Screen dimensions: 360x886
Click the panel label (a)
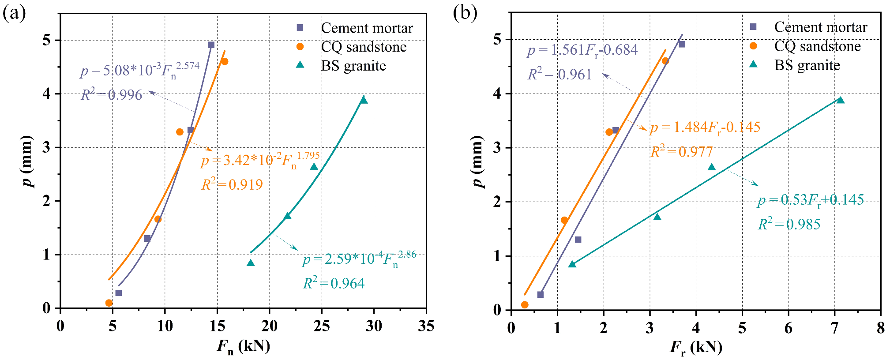[x=14, y=13]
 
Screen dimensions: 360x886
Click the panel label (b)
[x=465, y=13]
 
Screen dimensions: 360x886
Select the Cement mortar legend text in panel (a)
[x=367, y=28]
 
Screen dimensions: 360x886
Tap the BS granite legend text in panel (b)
[x=807, y=65]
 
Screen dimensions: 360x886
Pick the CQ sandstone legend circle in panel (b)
[x=753, y=46]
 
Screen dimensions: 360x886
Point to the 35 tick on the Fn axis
[x=425, y=326]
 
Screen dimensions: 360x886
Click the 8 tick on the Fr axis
[x=880, y=328]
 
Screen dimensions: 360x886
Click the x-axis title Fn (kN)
[x=243, y=346]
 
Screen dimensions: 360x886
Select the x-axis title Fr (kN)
[x=696, y=348]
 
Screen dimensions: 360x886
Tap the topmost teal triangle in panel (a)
[x=364, y=100]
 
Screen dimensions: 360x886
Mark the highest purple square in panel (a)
[x=211, y=45]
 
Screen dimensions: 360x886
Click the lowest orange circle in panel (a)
[x=109, y=303]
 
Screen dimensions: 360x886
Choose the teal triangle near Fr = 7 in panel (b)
[x=840, y=100]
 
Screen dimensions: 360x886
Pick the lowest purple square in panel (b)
[x=540, y=294]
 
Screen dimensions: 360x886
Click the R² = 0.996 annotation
[x=112, y=95]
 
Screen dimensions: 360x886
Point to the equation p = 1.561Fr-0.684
[x=582, y=50]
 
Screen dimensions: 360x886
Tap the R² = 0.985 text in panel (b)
[x=789, y=224]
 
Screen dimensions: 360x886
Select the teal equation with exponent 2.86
[x=359, y=259]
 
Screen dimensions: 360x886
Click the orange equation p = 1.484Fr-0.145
[x=705, y=128]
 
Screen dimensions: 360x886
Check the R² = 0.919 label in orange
[x=232, y=184]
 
